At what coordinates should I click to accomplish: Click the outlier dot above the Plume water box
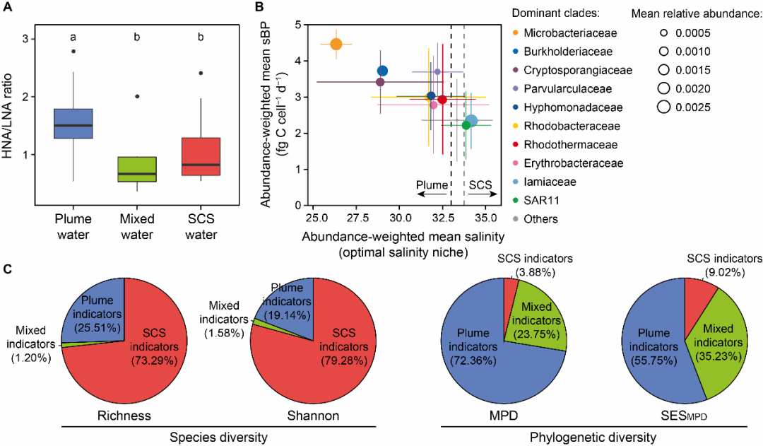click(73, 51)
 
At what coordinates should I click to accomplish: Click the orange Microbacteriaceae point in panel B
click(336, 44)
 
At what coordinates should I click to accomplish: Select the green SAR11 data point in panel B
click(466, 125)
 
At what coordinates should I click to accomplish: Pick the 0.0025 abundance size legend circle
click(663, 107)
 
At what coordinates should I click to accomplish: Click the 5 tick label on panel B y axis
click(298, 25)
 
